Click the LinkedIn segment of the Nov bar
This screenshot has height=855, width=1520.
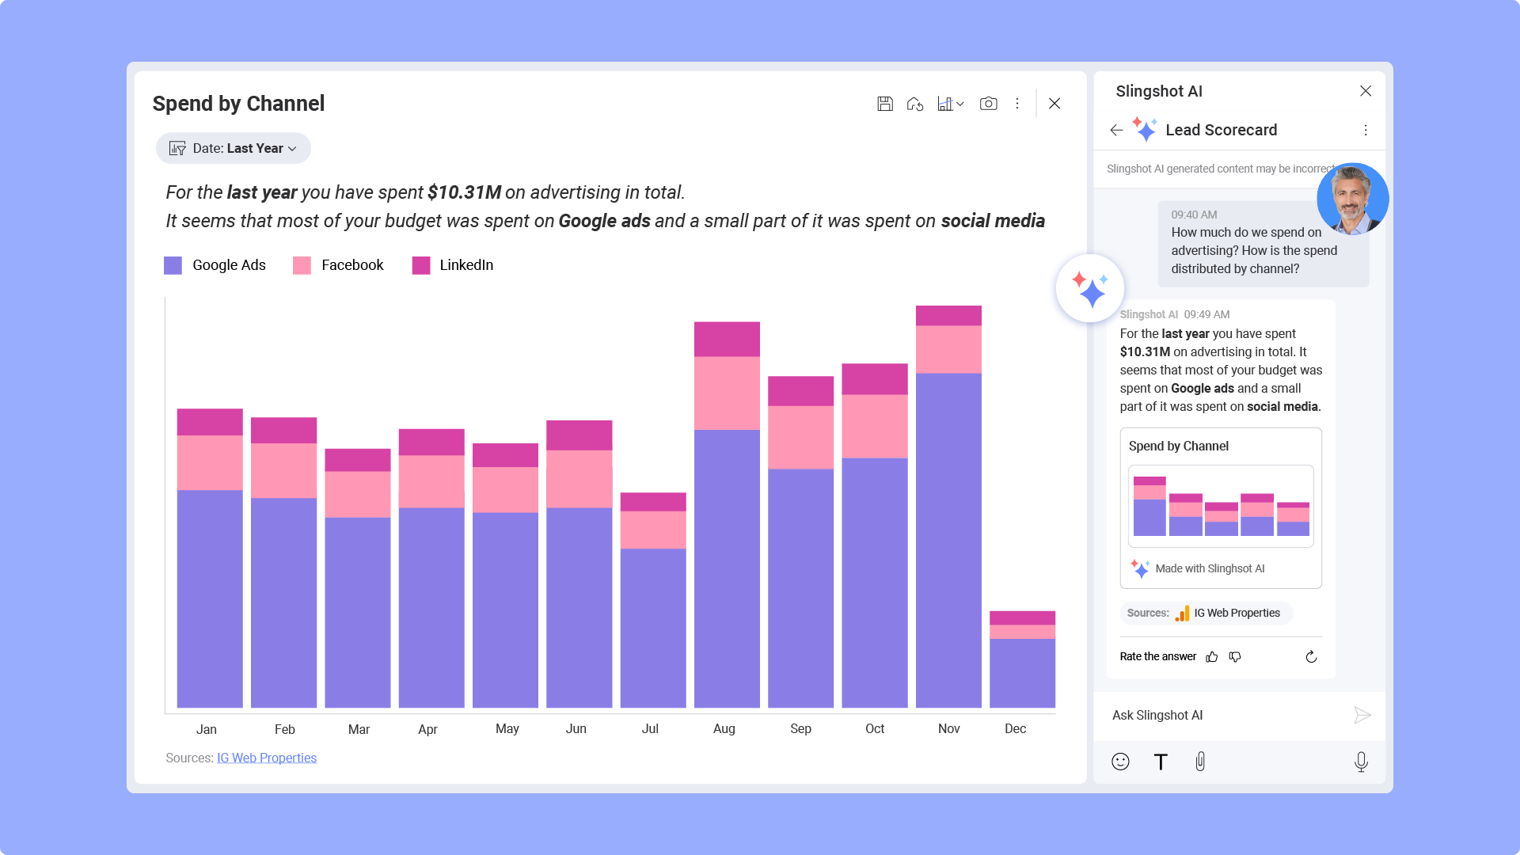point(948,315)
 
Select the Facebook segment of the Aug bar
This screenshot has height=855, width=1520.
point(727,393)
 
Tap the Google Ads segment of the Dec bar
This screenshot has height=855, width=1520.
point(1022,673)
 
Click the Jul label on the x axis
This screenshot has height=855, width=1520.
point(650,728)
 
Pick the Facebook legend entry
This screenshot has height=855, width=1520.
point(339,265)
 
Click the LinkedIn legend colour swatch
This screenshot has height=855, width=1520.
point(421,265)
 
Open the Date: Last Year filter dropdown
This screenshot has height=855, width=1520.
point(234,148)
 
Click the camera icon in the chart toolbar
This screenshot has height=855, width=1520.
point(988,104)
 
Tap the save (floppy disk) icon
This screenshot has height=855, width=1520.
point(885,104)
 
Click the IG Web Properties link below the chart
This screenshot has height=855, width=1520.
point(267,758)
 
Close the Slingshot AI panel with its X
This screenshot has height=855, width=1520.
point(1366,91)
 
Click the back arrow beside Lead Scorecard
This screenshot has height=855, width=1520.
point(1116,130)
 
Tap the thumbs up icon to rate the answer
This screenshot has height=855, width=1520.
point(1212,656)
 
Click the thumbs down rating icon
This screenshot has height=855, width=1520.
point(1235,656)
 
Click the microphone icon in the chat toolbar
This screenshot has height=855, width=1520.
point(1361,762)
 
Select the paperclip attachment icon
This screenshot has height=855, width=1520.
point(1200,762)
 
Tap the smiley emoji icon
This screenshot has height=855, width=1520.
point(1120,762)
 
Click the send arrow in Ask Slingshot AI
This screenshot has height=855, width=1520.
point(1362,715)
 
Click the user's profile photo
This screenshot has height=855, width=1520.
point(1352,199)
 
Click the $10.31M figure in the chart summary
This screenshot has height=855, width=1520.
point(464,192)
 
